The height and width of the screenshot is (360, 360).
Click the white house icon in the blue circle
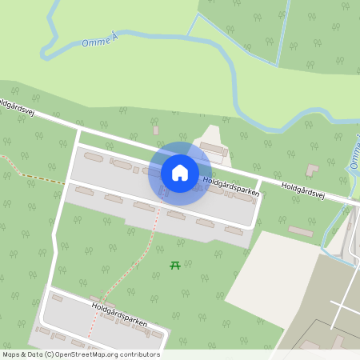point(180,172)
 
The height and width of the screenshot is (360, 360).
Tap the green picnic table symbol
point(175,265)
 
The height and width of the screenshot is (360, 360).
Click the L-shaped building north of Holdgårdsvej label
point(312,170)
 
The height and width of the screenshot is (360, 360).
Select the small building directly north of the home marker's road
point(155,130)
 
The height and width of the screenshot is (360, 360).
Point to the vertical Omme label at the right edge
point(354,152)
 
